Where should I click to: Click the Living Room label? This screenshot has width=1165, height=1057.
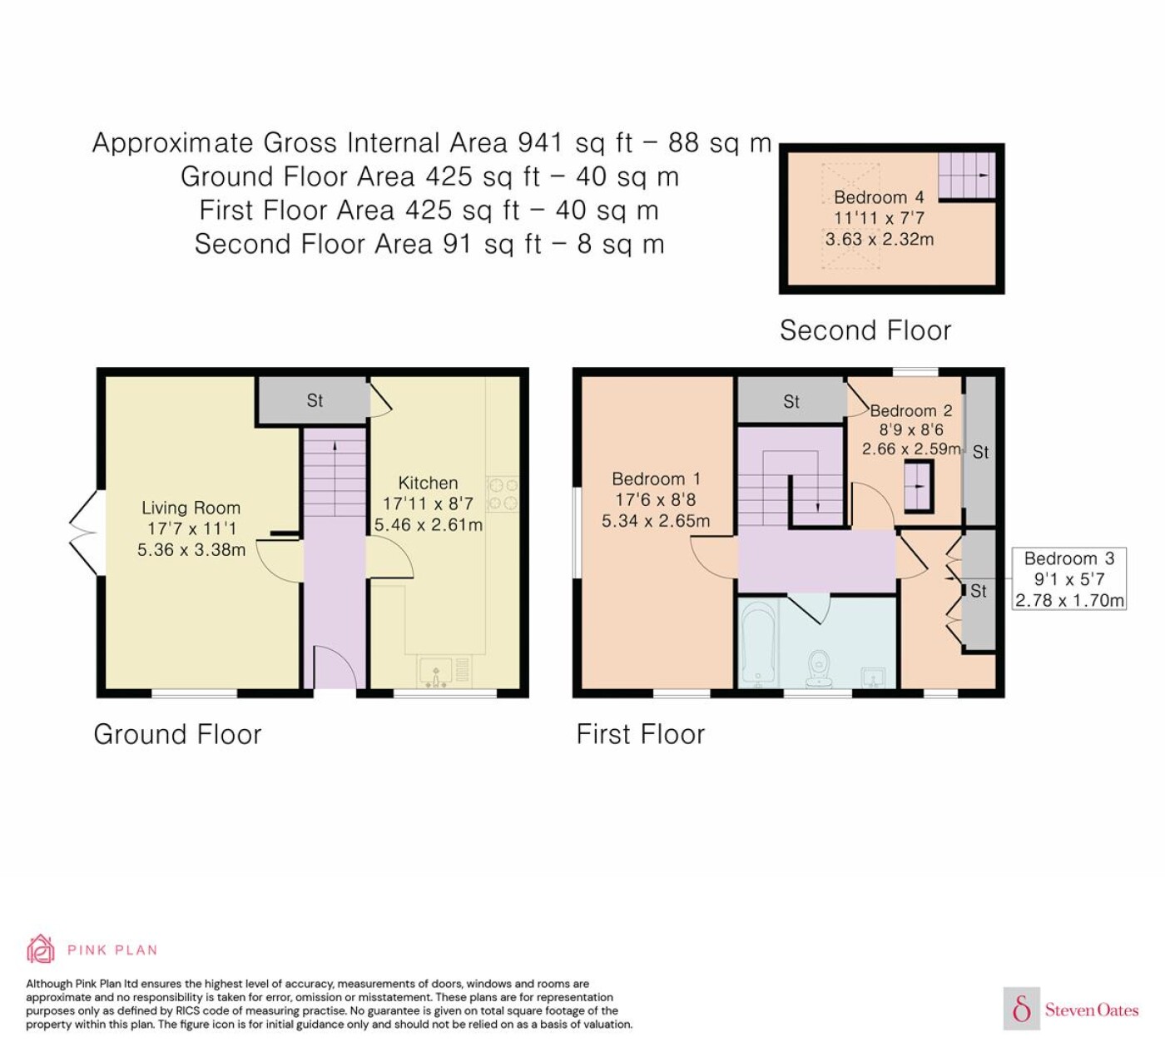(191, 508)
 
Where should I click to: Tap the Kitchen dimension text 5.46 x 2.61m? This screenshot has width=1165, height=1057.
(428, 524)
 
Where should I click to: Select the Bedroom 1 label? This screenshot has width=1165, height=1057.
(657, 479)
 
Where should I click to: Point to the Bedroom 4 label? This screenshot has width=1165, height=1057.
(879, 197)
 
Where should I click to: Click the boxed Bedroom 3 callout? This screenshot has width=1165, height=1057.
(1069, 578)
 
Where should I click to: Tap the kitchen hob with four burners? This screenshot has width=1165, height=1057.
(503, 494)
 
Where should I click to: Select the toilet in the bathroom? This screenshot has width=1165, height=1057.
(820, 668)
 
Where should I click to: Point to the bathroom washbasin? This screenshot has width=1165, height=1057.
(874, 677)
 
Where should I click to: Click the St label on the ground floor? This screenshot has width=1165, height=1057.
(315, 400)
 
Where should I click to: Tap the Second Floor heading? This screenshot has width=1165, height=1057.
(865, 330)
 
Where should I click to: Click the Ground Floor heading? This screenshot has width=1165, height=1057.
(178, 734)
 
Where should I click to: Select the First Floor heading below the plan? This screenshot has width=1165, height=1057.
(641, 734)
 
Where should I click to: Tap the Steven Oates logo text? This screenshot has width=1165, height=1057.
(1092, 1010)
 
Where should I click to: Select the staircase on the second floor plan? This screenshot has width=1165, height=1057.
(966, 175)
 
